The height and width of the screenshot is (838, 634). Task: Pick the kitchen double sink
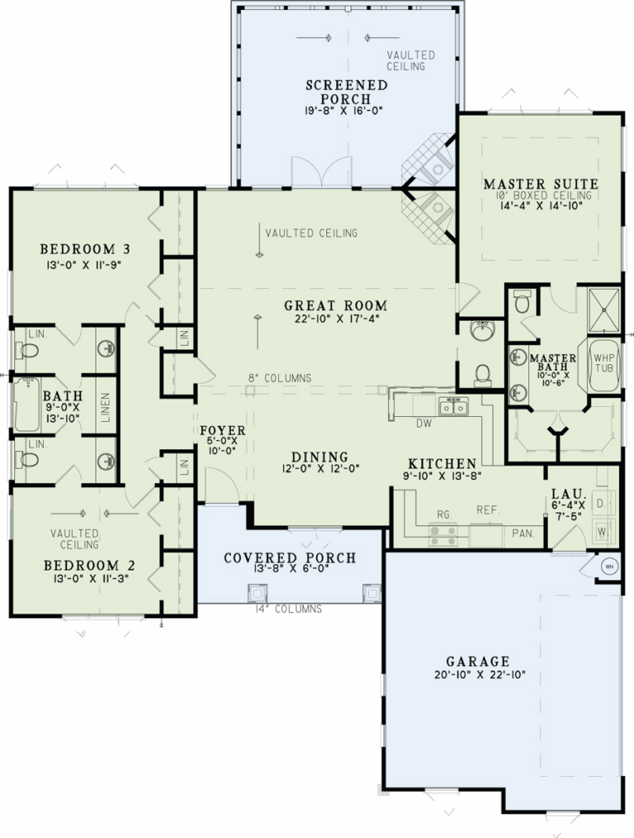click(x=453, y=406)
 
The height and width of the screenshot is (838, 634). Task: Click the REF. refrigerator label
click(x=488, y=510)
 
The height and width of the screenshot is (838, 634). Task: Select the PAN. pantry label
click(x=522, y=533)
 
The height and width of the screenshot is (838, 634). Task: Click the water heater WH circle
click(x=610, y=566)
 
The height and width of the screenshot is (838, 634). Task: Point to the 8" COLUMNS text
click(x=280, y=378)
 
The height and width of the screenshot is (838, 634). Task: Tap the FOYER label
click(x=221, y=430)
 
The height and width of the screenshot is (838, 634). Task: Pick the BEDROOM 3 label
click(x=87, y=249)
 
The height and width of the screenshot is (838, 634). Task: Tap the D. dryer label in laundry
click(x=600, y=502)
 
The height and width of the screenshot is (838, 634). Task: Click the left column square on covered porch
click(x=258, y=592)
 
